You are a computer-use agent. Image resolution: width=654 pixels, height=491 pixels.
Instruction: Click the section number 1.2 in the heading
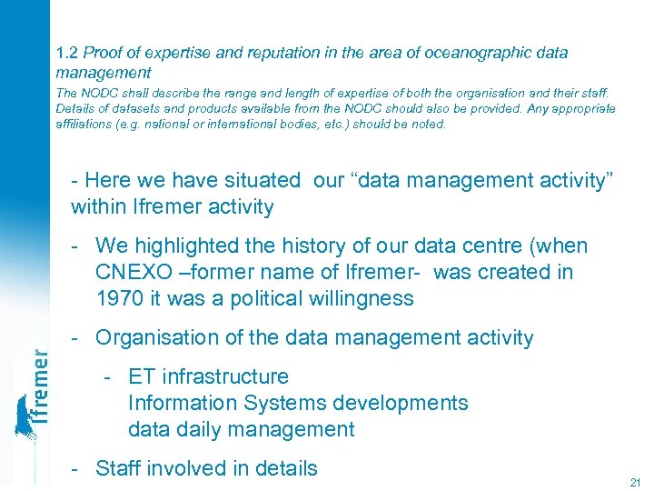[66, 53]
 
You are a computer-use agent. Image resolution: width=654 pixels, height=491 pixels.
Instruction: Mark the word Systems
[276, 403]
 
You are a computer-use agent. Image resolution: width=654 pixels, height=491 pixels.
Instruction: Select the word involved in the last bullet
[189, 468]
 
